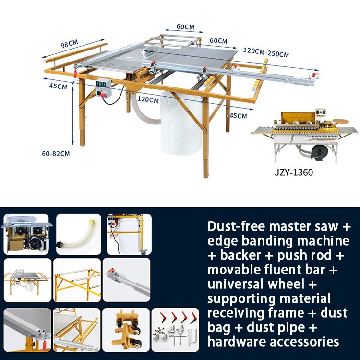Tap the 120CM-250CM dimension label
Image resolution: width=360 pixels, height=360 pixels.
click(266, 52)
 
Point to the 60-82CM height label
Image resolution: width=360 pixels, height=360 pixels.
click(56, 154)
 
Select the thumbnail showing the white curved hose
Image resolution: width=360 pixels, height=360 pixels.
click(79, 234)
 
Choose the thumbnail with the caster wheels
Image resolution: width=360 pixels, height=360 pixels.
click(125, 327)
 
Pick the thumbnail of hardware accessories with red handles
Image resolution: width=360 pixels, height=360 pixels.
click(175, 327)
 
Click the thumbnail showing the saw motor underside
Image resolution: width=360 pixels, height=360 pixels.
click(26, 234)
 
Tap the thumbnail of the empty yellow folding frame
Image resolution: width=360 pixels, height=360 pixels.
click(77, 280)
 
